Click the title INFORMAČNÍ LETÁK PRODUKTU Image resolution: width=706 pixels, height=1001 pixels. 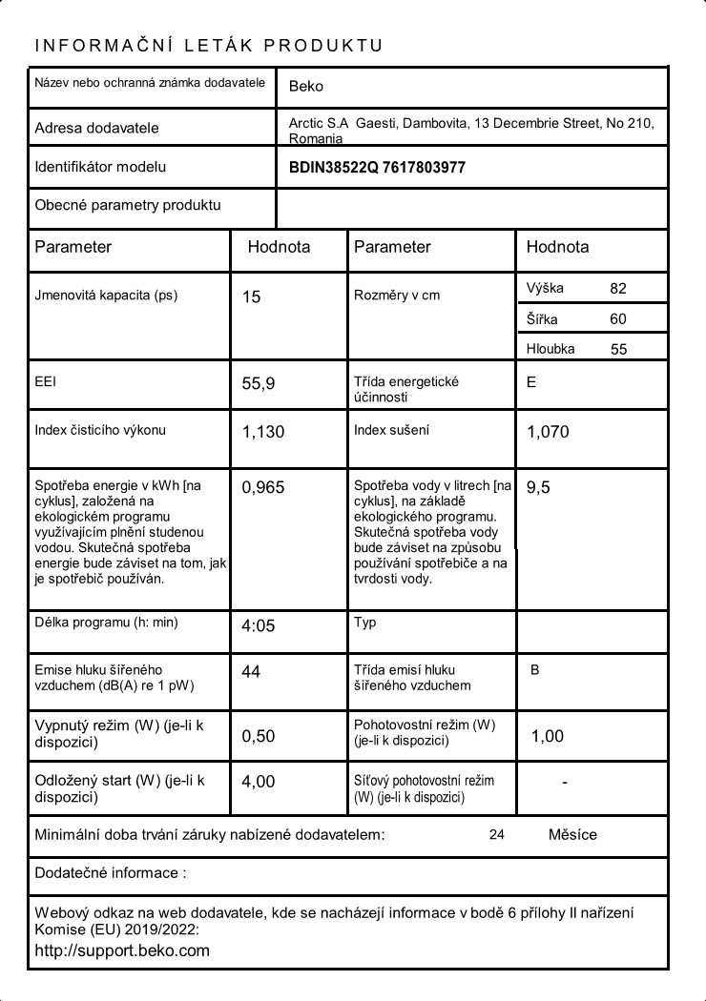coord(208,46)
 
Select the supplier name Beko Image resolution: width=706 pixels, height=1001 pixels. coord(305,86)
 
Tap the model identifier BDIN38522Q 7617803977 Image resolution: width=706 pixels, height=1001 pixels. coord(377,167)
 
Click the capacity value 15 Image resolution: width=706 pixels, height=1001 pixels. coord(251,297)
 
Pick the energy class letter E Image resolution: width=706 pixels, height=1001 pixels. coord(531,382)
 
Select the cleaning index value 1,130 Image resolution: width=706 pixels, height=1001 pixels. coord(262,432)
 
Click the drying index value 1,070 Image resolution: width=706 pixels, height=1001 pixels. coord(548,432)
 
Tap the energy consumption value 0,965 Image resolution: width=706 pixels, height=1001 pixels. coord(262,488)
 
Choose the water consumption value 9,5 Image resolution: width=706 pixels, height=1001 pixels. coord(538,487)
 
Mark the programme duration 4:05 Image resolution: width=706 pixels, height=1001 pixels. coord(258,626)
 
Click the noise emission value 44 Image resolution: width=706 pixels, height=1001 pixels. coord(251,672)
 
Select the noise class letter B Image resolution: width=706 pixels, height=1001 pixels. coord(534,670)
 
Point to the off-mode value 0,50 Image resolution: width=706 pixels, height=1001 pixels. coord(258,736)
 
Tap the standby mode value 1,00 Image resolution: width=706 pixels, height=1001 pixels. coord(547,736)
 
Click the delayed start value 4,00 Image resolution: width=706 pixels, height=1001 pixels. coord(258,782)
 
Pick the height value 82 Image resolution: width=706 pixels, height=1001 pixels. coord(618,288)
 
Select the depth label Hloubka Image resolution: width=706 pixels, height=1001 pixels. coord(550,349)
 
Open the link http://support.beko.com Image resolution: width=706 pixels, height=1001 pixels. coord(122,950)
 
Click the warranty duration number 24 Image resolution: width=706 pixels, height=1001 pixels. coord(496,835)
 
